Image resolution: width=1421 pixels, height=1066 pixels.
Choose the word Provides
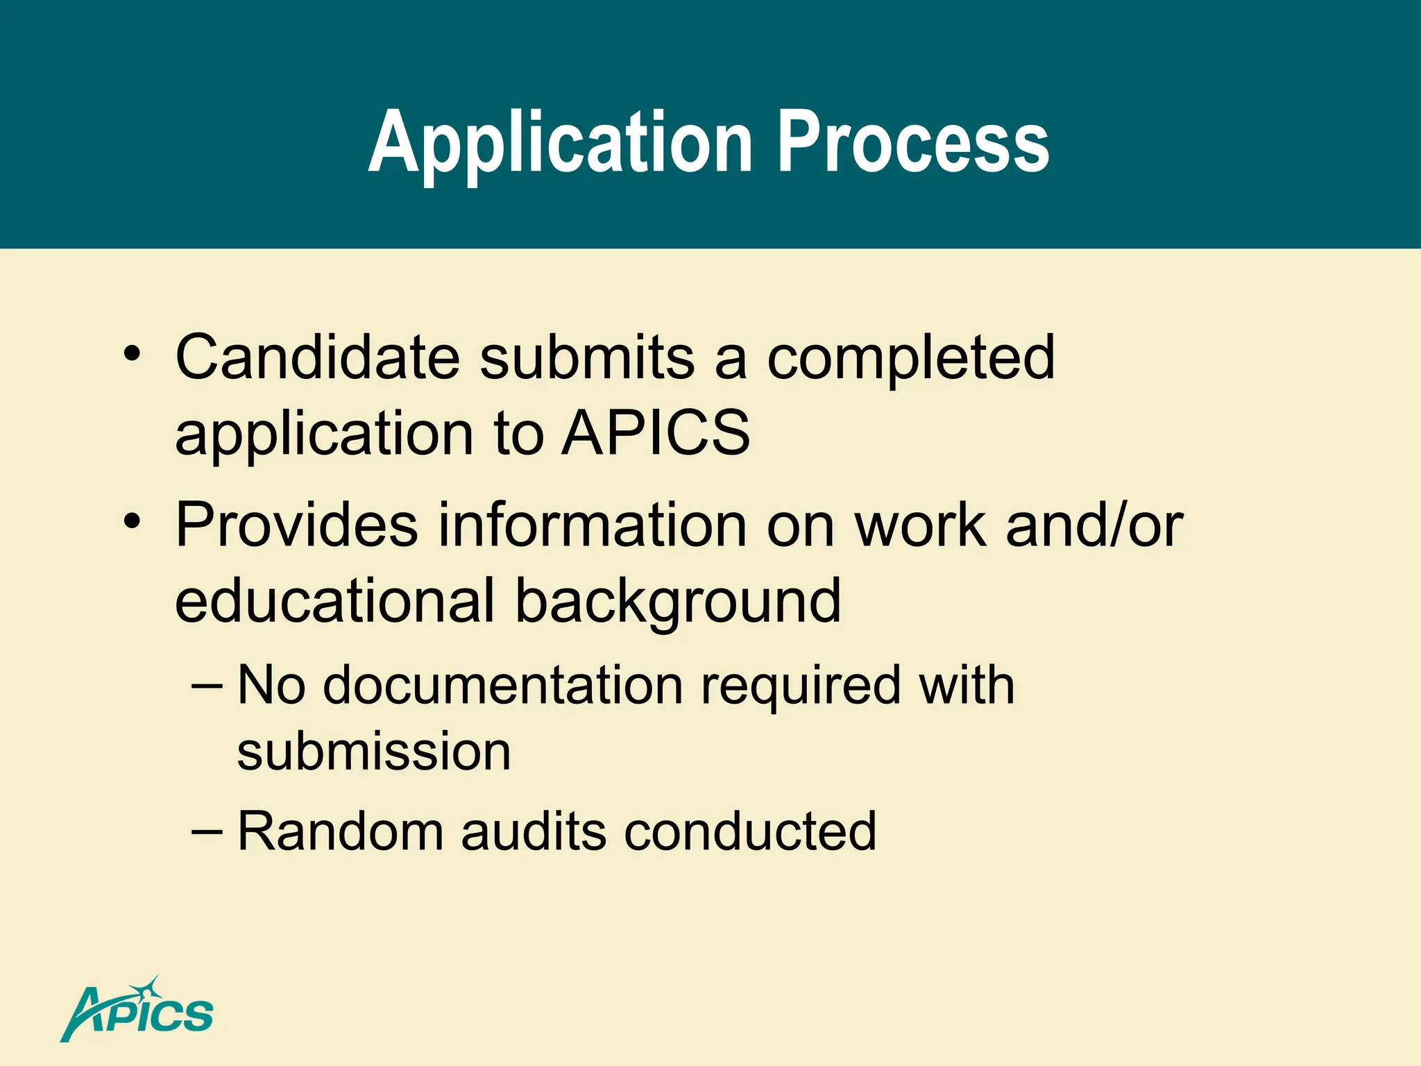tap(296, 525)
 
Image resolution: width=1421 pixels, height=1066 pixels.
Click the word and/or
tap(1094, 525)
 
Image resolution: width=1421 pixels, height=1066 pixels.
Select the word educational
tap(335, 600)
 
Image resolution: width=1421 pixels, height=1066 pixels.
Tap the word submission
tap(374, 752)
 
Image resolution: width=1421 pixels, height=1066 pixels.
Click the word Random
tap(340, 831)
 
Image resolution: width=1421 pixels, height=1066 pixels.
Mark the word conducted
tap(750, 831)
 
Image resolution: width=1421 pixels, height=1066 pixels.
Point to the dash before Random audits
tap(207, 829)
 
